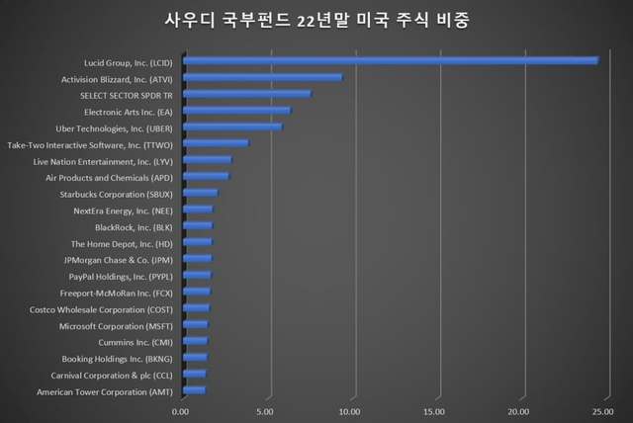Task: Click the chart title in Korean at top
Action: tap(316, 19)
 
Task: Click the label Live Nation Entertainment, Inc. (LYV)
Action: tap(104, 160)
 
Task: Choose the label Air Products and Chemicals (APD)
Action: tap(110, 177)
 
